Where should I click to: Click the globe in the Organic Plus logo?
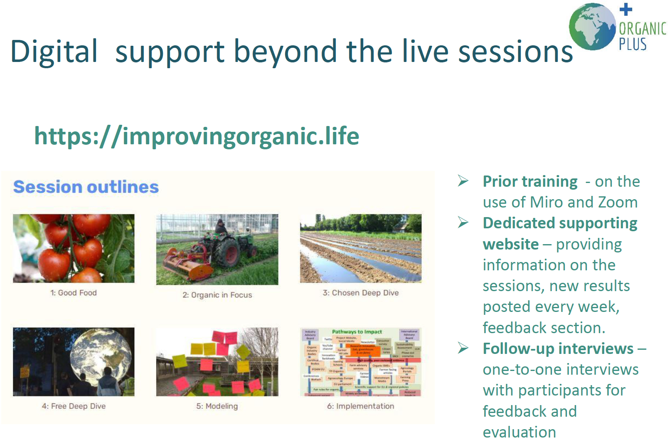[592, 27]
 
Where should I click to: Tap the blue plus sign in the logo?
[626, 10]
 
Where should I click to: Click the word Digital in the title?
[54, 52]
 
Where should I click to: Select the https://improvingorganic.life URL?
[197, 136]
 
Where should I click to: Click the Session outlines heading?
[86, 187]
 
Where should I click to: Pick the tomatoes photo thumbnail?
[74, 248]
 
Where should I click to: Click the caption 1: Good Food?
[74, 293]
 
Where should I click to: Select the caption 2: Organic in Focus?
[217, 295]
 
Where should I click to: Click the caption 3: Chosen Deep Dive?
[360, 293]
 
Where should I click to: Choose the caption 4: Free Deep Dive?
[74, 406]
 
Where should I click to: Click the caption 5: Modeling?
[217, 406]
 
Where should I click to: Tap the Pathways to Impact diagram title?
[357, 332]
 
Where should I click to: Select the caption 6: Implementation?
[360, 406]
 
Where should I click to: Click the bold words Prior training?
[530, 182]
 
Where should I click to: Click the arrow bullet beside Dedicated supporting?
[463, 223]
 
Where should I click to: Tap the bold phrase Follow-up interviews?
[558, 349]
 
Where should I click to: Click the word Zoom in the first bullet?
[618, 203]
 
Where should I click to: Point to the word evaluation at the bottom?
[519, 432]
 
